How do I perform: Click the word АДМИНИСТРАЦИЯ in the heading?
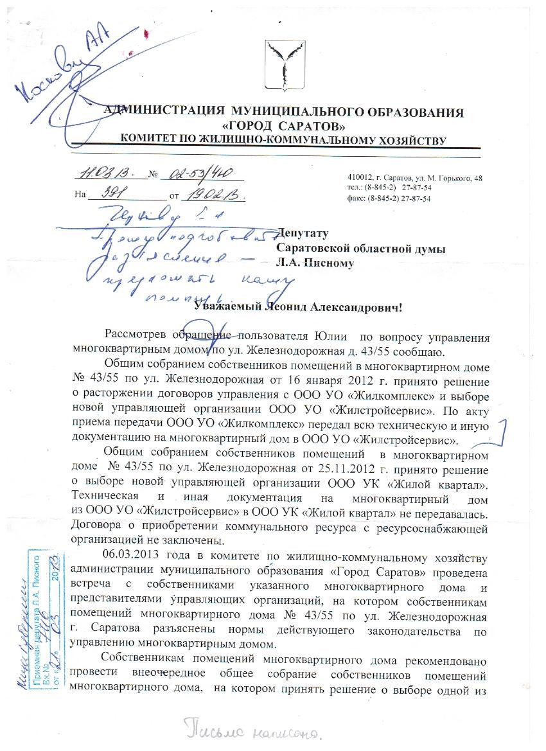(x=163, y=112)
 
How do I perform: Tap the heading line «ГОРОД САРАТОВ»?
(x=286, y=125)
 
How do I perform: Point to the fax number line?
(x=389, y=199)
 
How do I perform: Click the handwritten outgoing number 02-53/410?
(x=200, y=173)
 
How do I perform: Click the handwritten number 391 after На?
(x=105, y=192)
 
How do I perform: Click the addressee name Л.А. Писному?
(x=315, y=263)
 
